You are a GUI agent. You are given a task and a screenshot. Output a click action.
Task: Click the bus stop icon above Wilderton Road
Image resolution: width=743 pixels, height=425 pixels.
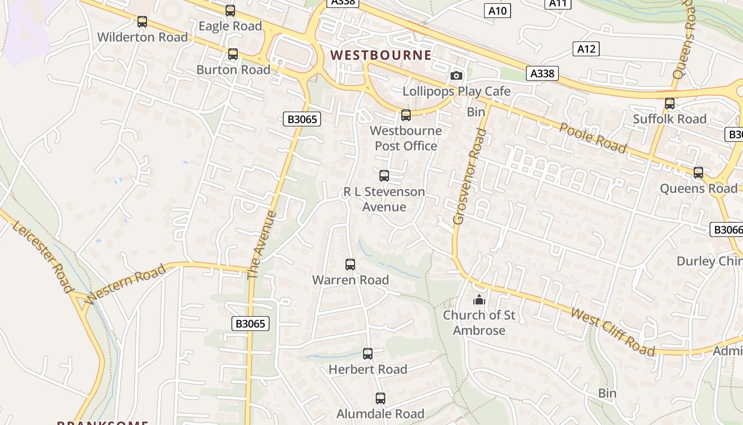tap(142, 22)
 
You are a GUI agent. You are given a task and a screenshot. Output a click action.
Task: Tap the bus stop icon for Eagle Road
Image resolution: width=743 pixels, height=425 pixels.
tap(230, 11)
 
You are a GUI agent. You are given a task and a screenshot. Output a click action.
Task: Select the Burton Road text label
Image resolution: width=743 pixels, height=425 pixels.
tap(234, 70)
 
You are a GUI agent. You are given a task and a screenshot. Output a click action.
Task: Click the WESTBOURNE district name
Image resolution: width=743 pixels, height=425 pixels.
tap(381, 55)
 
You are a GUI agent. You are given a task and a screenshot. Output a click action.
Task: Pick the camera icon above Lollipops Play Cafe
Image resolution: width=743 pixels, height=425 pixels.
tap(456, 75)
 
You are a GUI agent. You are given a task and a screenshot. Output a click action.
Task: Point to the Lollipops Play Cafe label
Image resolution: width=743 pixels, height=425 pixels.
tap(456, 91)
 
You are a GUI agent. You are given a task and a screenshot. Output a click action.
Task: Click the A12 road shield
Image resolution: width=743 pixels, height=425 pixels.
tap(586, 49)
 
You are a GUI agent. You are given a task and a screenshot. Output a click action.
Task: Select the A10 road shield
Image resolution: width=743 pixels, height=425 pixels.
tap(497, 10)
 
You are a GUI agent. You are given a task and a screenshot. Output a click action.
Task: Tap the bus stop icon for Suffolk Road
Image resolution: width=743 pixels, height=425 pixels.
tap(670, 104)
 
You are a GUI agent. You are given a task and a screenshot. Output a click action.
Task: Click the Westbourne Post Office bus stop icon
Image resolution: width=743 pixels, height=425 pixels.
tap(406, 115)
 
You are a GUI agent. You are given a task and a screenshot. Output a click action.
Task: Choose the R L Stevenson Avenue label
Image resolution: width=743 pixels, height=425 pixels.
tap(384, 199)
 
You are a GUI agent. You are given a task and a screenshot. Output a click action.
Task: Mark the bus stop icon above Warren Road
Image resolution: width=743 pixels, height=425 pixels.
tap(350, 265)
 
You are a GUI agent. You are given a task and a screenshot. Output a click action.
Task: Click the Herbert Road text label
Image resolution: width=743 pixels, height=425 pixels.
tap(368, 369)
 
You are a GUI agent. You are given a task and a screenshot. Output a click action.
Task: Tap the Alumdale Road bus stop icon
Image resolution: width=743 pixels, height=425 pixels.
tap(381, 398)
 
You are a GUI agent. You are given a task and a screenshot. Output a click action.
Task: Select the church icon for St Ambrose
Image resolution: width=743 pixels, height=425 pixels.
tap(479, 300)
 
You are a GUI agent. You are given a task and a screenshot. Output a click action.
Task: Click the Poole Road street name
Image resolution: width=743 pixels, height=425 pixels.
tap(593, 137)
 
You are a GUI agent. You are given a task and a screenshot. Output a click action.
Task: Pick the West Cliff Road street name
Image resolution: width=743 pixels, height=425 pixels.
tap(612, 331)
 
